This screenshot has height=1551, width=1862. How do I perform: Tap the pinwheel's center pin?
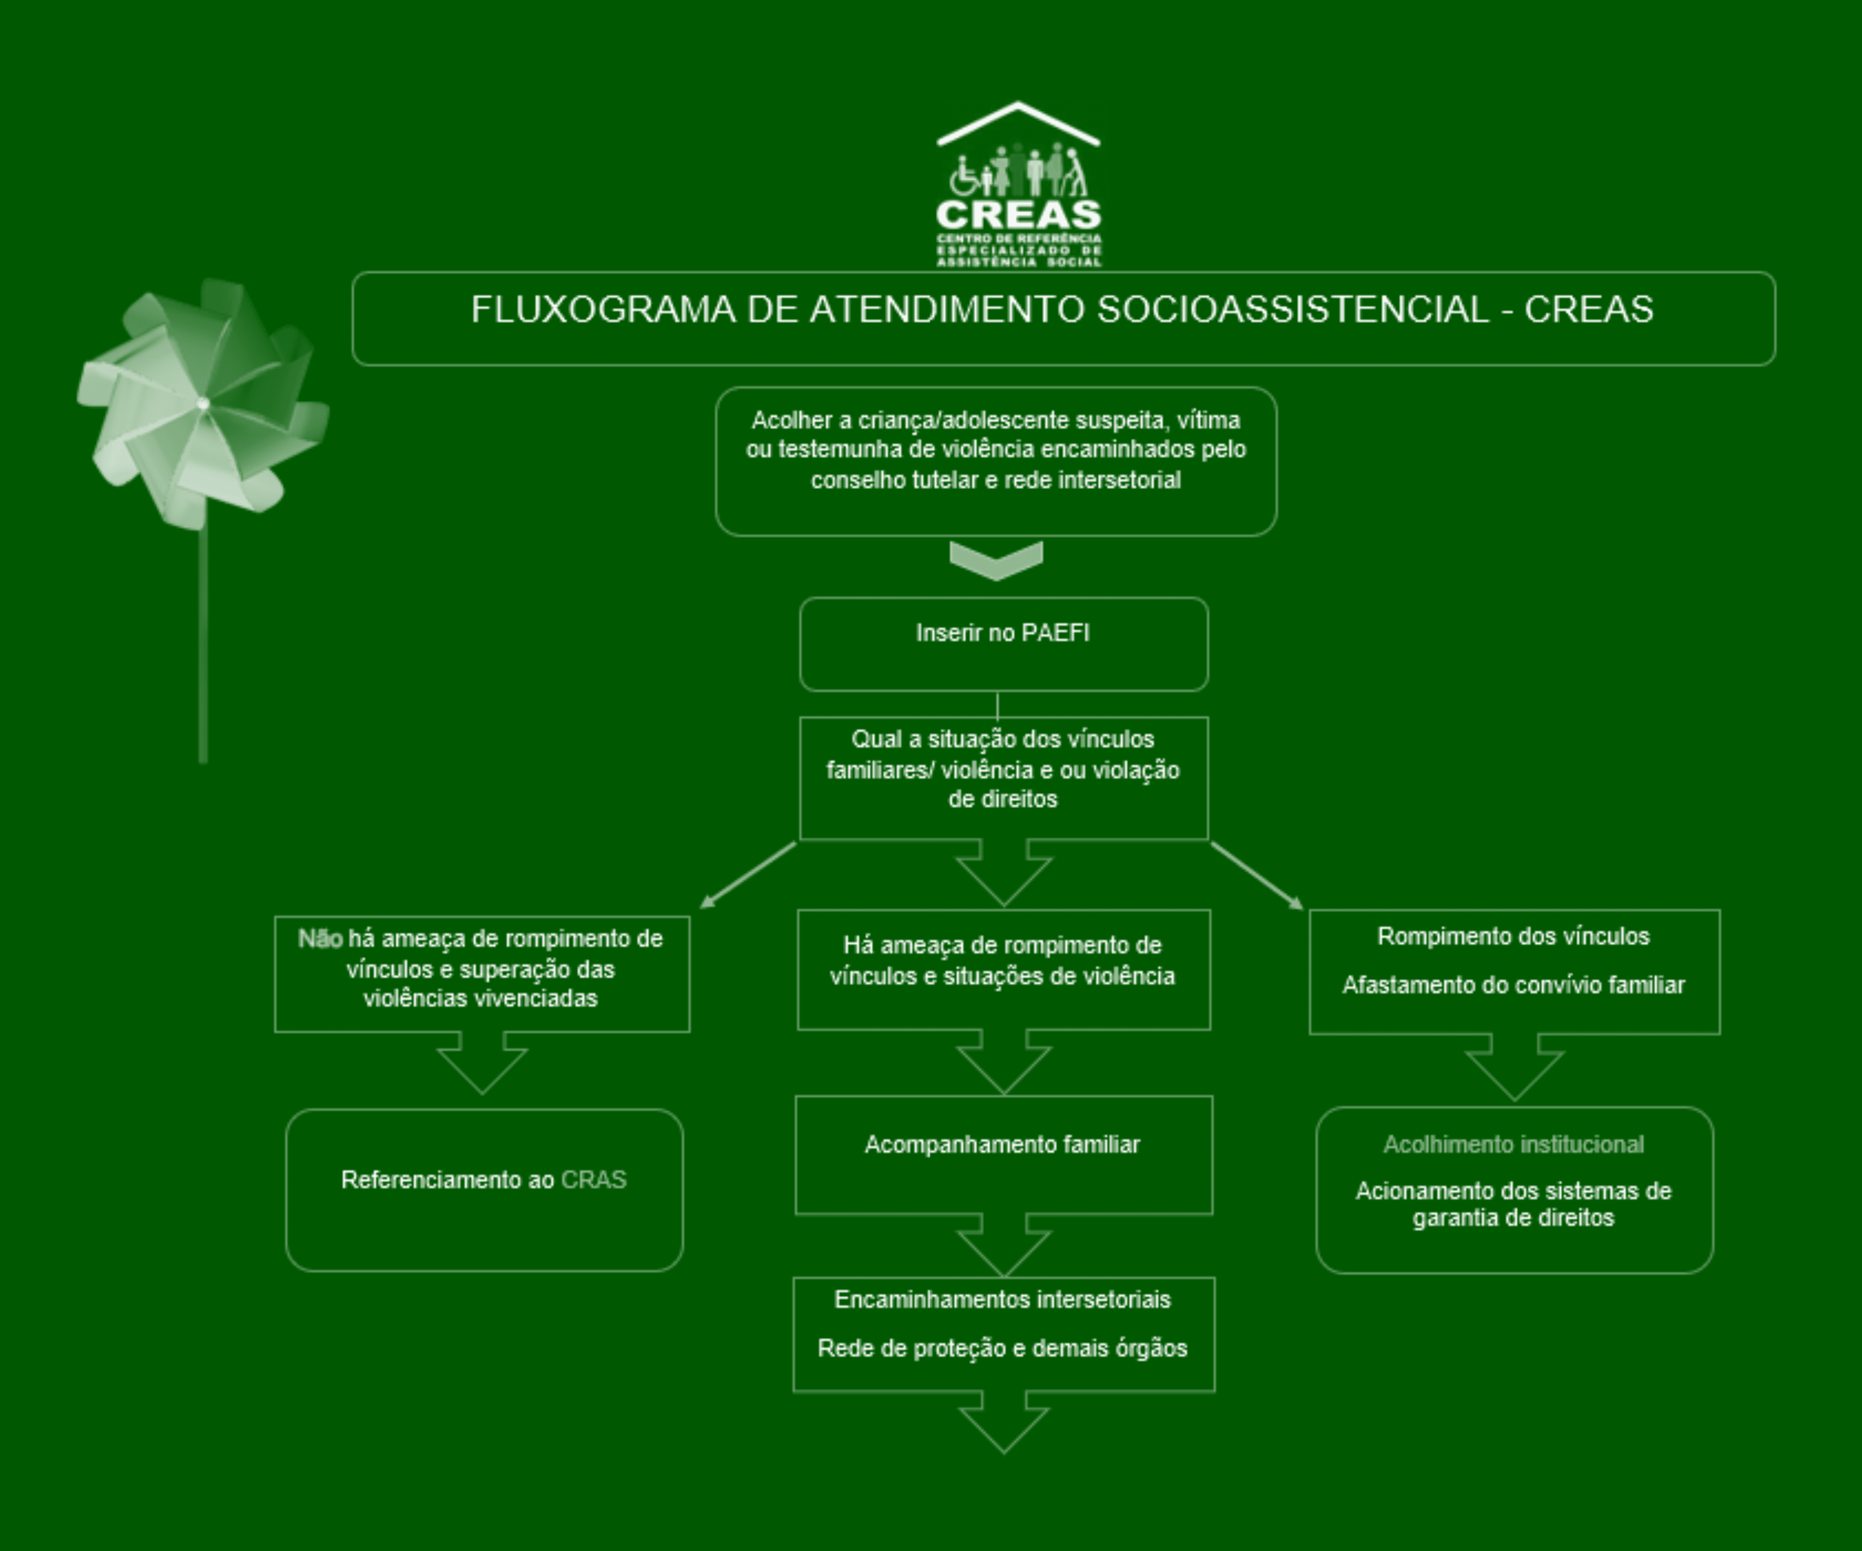pyautogui.click(x=203, y=404)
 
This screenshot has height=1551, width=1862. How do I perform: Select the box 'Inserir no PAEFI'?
pyautogui.click(x=1004, y=644)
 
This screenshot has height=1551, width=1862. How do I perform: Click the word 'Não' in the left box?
pyautogui.click(x=320, y=938)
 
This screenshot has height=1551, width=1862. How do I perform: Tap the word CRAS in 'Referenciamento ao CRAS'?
pyautogui.click(x=594, y=1180)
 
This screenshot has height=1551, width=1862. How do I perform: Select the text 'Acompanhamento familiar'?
pyautogui.click(x=1003, y=1144)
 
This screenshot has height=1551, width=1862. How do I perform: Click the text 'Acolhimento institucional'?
pyautogui.click(x=1513, y=1144)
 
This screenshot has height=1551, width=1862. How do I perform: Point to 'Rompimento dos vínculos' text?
pyautogui.click(x=1513, y=936)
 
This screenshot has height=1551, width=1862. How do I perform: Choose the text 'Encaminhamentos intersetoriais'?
pyautogui.click(x=1003, y=1299)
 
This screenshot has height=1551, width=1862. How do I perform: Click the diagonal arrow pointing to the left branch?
pyautogui.click(x=748, y=875)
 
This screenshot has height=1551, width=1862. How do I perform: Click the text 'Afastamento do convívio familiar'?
pyautogui.click(x=1513, y=985)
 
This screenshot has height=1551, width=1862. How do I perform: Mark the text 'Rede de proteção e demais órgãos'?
pyautogui.click(x=1003, y=1348)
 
